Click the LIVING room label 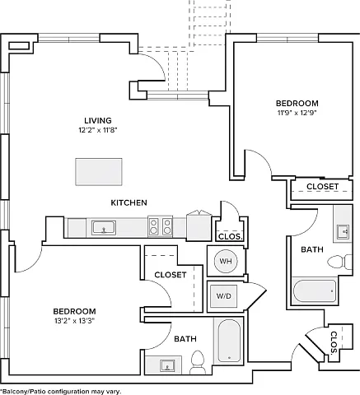[98, 120]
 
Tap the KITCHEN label [129, 202]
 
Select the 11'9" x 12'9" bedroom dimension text [297, 113]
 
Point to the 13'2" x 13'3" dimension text [74, 321]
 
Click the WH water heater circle [226, 261]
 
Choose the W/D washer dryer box [224, 296]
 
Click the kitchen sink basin [104, 228]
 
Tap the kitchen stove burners [161, 226]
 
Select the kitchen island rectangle [99, 172]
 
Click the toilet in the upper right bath [339, 262]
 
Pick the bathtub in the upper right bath [315, 290]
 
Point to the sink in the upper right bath [344, 231]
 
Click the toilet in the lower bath [198, 362]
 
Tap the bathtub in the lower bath [229, 341]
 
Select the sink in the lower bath [167, 365]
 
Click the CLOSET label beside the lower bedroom [171, 275]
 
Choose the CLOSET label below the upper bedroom [322, 187]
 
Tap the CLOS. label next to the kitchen [231, 236]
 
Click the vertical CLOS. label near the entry [334, 342]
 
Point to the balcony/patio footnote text [61, 392]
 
